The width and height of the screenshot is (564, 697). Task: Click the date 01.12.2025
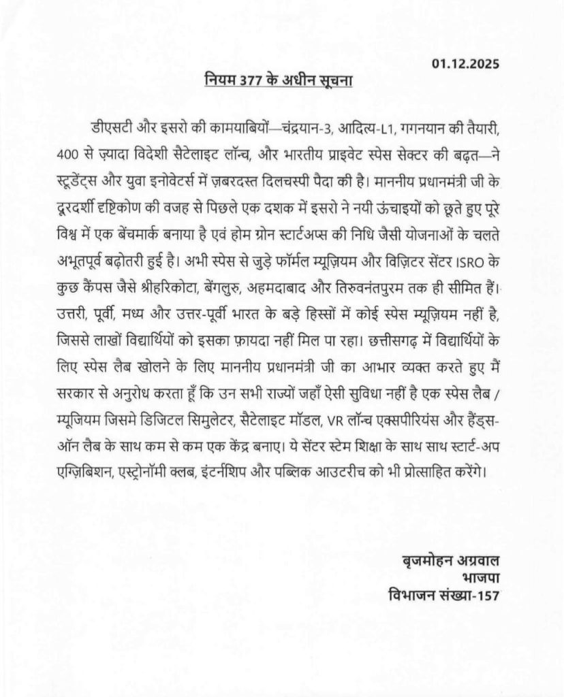pos(465,65)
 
